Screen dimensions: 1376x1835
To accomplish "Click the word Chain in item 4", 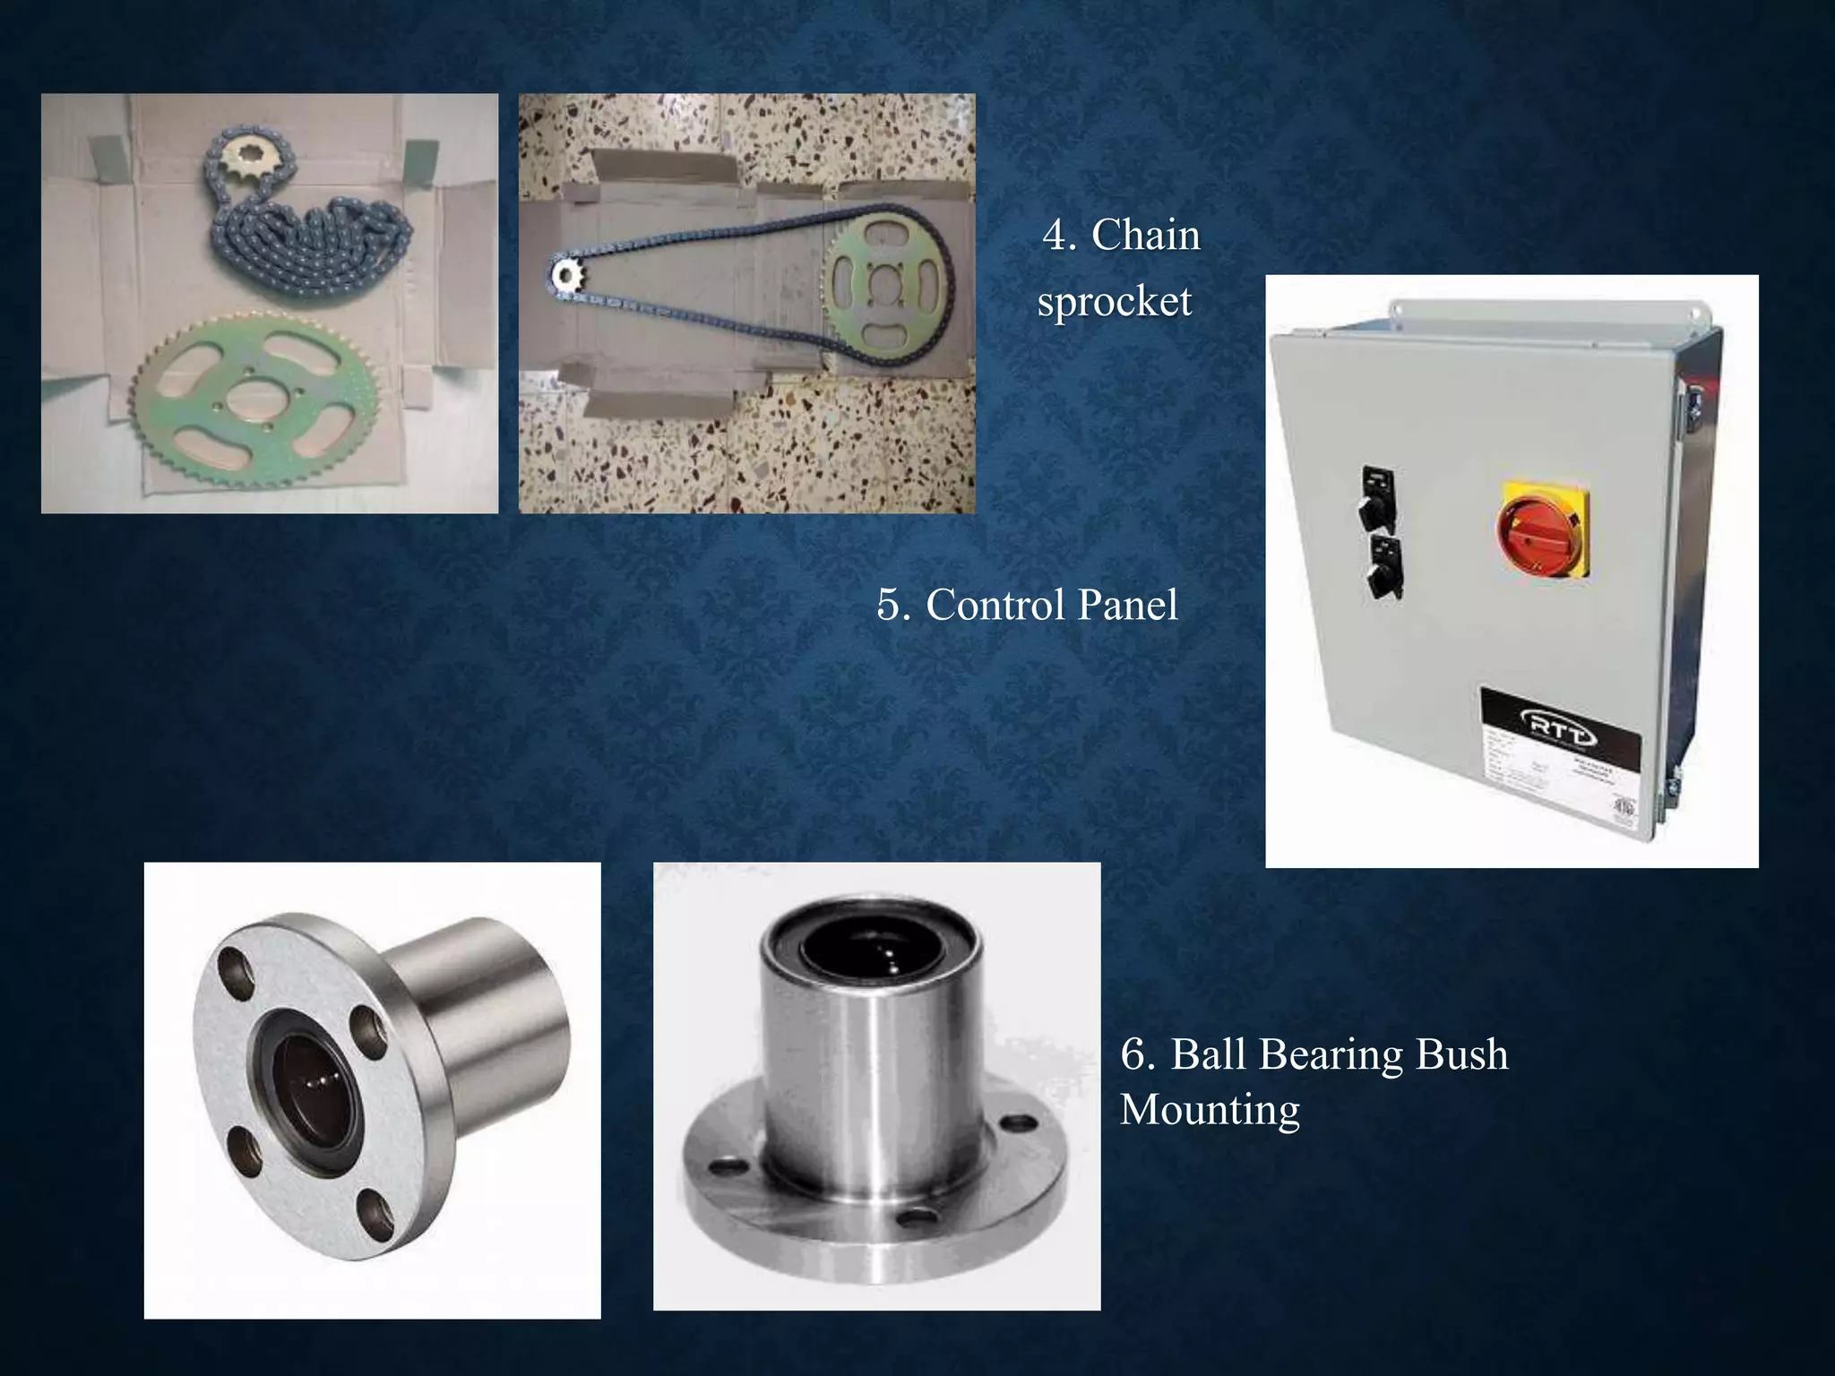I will point(1145,236).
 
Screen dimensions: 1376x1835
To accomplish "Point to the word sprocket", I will point(1114,302).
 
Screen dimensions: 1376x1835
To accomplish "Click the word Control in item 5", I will point(995,605).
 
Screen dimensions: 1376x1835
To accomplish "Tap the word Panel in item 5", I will point(1127,605).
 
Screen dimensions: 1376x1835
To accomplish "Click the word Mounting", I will point(1209,1111).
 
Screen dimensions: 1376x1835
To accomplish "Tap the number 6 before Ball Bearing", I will point(1136,1054).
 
